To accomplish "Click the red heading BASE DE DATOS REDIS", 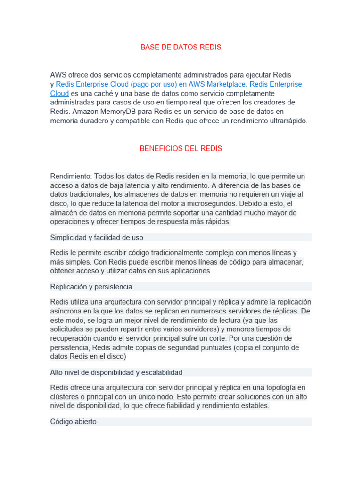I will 181,48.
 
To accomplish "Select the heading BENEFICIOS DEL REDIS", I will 181,149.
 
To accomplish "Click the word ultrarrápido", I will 286,121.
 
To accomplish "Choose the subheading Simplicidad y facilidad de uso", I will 97,237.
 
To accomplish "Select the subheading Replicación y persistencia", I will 91,287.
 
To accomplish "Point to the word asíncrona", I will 66,311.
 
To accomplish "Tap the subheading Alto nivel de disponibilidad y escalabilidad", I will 116,372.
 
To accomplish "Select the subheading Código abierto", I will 73,422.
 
